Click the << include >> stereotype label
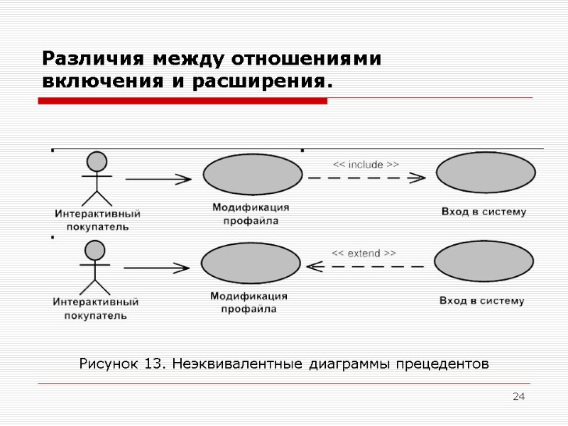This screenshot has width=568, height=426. (x=366, y=165)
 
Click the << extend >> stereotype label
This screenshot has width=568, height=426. (x=364, y=253)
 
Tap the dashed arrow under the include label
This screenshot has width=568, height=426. (x=363, y=177)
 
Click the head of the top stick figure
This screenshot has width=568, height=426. (x=97, y=161)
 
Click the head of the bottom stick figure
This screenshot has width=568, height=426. (x=94, y=250)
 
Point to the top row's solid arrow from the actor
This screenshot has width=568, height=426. (x=158, y=179)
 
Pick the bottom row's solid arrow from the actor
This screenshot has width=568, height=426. (x=156, y=268)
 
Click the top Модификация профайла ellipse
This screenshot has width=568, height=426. (x=253, y=175)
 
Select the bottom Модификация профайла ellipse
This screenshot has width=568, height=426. (x=251, y=263)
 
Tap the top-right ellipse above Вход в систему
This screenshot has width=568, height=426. (x=486, y=173)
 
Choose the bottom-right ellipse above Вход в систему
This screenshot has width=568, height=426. (x=484, y=262)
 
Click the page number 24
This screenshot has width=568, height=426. (x=519, y=395)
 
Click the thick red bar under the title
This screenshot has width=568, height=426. (x=182, y=102)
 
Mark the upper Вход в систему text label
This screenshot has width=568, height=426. (x=484, y=212)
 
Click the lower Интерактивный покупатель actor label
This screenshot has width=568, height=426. (x=96, y=308)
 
